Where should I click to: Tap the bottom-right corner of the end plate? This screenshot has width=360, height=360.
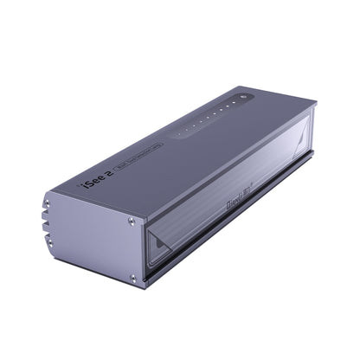[138, 288]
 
